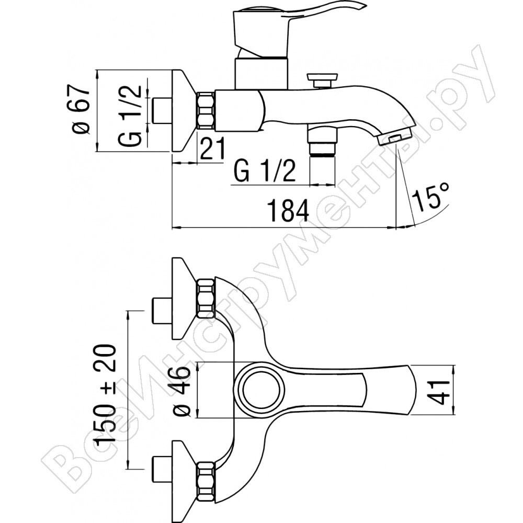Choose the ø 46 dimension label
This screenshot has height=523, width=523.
182,390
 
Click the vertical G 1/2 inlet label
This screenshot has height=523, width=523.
129,115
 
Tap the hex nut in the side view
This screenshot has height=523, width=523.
206,111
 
